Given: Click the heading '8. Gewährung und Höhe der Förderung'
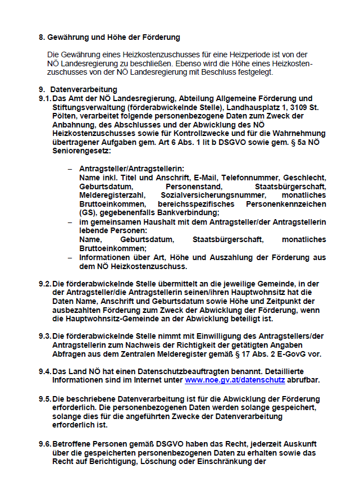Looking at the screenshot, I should pyautogui.click(x=109, y=38).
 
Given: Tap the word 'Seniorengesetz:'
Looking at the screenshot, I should pyautogui.click(x=83, y=151).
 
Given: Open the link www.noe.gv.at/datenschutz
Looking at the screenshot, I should pyautogui.click(x=234, y=380).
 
